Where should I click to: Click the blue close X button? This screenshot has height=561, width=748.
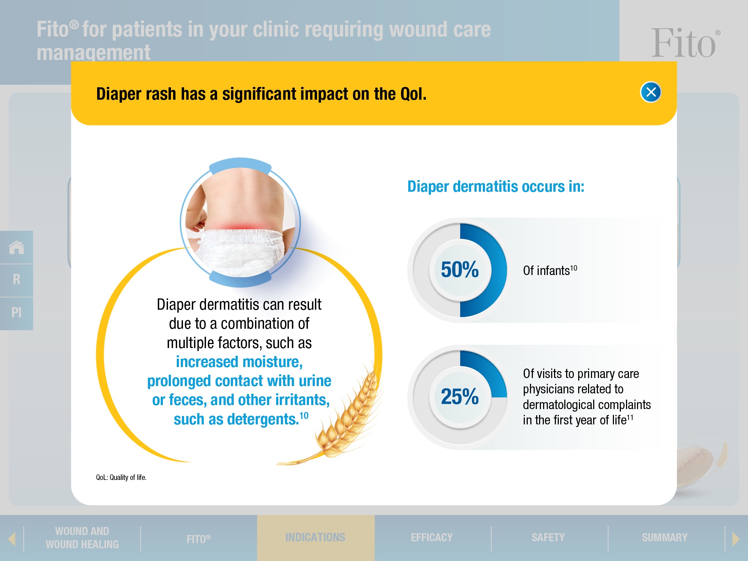pyautogui.click(x=651, y=92)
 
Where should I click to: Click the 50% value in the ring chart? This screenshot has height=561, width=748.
pyautogui.click(x=459, y=270)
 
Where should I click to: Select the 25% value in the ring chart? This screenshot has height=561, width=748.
pyautogui.click(x=459, y=397)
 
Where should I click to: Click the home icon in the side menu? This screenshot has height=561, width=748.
pyautogui.click(x=16, y=247)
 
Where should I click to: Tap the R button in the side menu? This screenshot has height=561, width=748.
pyautogui.click(x=16, y=279)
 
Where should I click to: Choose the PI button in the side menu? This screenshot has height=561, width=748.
pyautogui.click(x=16, y=313)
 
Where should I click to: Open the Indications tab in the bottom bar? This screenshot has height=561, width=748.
pyautogui.click(x=316, y=537)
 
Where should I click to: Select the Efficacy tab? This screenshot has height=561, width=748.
pyautogui.click(x=432, y=538)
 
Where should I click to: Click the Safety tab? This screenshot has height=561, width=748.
pyautogui.click(x=548, y=538)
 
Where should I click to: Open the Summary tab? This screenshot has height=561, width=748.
pyautogui.click(x=665, y=538)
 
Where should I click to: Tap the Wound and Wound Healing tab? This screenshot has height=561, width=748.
pyautogui.click(x=82, y=538)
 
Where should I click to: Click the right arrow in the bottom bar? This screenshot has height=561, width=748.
pyautogui.click(x=736, y=538)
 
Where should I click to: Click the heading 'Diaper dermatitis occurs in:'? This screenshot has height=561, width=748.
pyautogui.click(x=496, y=187)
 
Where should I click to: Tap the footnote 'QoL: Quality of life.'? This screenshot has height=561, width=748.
pyautogui.click(x=121, y=477)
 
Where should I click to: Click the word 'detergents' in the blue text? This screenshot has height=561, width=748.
pyautogui.click(x=263, y=419)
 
